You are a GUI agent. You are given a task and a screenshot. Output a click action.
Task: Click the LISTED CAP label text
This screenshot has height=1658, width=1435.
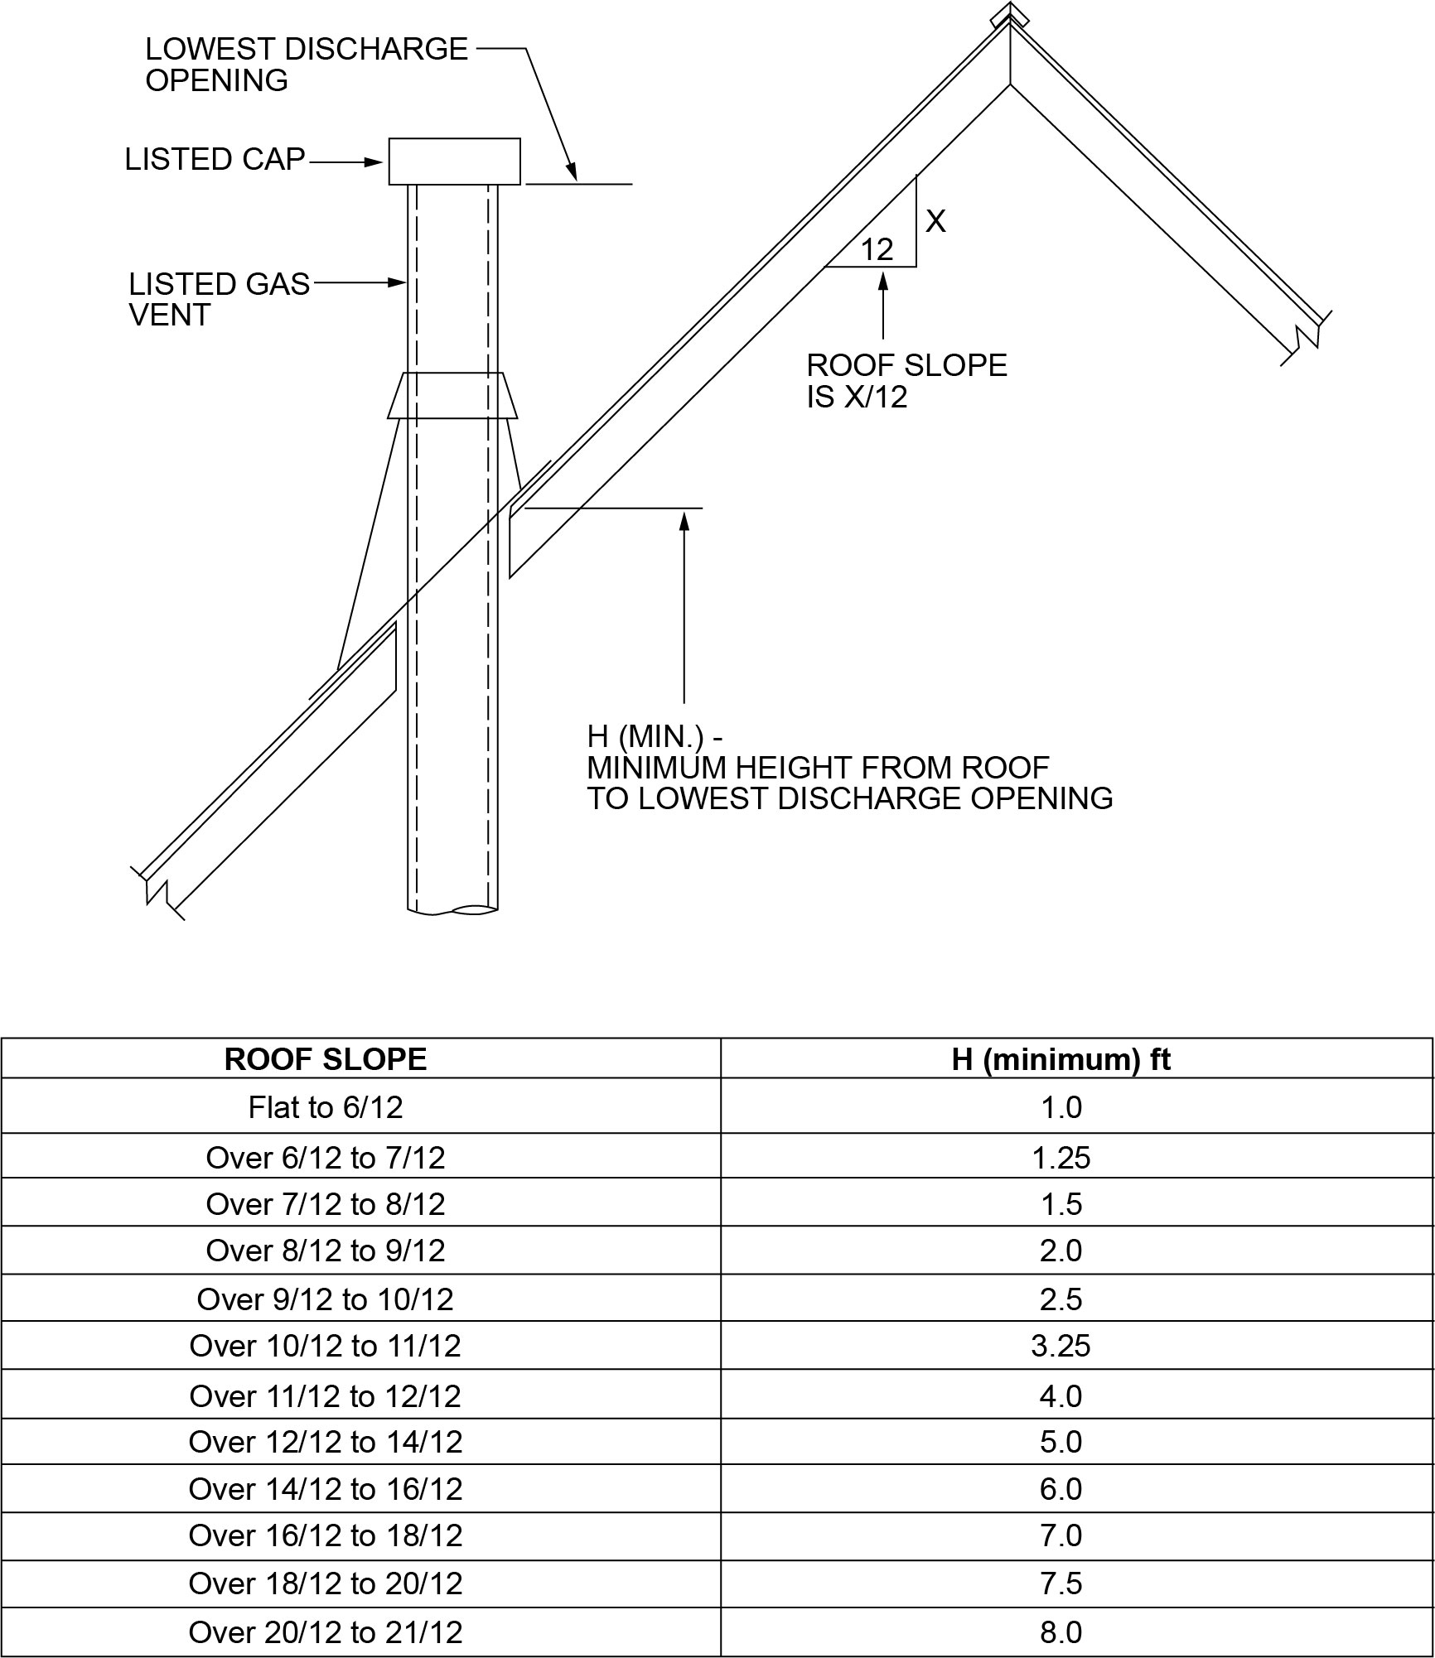215,160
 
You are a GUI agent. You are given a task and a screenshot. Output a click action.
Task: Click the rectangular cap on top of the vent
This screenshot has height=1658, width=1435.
454,161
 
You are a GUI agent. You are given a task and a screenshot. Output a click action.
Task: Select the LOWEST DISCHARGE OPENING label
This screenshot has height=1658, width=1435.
306,65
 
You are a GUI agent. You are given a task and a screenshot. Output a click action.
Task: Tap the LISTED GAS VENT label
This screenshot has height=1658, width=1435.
219,299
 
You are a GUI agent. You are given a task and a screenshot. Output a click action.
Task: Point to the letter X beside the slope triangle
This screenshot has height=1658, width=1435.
935,222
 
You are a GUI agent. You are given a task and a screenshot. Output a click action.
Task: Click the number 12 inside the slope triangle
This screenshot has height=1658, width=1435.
877,249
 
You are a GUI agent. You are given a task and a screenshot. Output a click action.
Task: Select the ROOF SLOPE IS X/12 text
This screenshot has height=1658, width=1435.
906,381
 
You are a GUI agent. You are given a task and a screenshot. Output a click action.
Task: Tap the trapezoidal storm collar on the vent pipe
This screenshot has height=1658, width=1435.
452,396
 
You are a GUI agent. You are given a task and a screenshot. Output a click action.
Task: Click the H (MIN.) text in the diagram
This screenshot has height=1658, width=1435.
655,735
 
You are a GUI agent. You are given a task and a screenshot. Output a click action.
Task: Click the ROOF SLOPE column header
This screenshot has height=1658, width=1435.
326,1060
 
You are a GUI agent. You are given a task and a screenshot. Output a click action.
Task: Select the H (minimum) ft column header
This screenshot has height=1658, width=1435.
1061,1060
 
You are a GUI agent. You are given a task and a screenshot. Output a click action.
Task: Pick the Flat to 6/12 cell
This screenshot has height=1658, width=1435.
326,1107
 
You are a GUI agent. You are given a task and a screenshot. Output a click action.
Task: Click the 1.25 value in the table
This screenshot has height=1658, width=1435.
1061,1158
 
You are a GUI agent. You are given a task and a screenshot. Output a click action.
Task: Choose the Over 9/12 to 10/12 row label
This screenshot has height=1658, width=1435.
326,1299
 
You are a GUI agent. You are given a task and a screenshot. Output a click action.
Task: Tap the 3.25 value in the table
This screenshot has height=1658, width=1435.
1061,1346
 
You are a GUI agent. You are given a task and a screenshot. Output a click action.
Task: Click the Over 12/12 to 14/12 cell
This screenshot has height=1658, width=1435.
326,1442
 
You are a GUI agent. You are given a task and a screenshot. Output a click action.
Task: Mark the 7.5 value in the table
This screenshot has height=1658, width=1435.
1061,1583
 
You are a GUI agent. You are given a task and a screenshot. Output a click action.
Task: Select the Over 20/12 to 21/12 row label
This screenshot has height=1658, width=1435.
326,1632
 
